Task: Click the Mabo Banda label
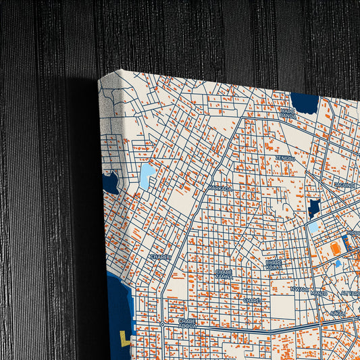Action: click(x=288, y=112)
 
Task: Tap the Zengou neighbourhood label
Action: click(x=284, y=159)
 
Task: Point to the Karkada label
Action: click(x=221, y=188)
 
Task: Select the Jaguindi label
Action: click(x=344, y=184)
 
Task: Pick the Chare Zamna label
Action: click(x=224, y=274)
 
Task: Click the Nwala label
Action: click(x=299, y=288)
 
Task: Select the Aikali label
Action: click(x=337, y=313)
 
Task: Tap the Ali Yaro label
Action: click(x=350, y=293)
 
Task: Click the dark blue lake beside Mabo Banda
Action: click(x=305, y=103)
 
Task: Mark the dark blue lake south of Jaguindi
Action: click(x=315, y=208)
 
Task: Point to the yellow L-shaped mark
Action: click(x=125, y=337)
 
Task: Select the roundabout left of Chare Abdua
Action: click(x=163, y=324)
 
